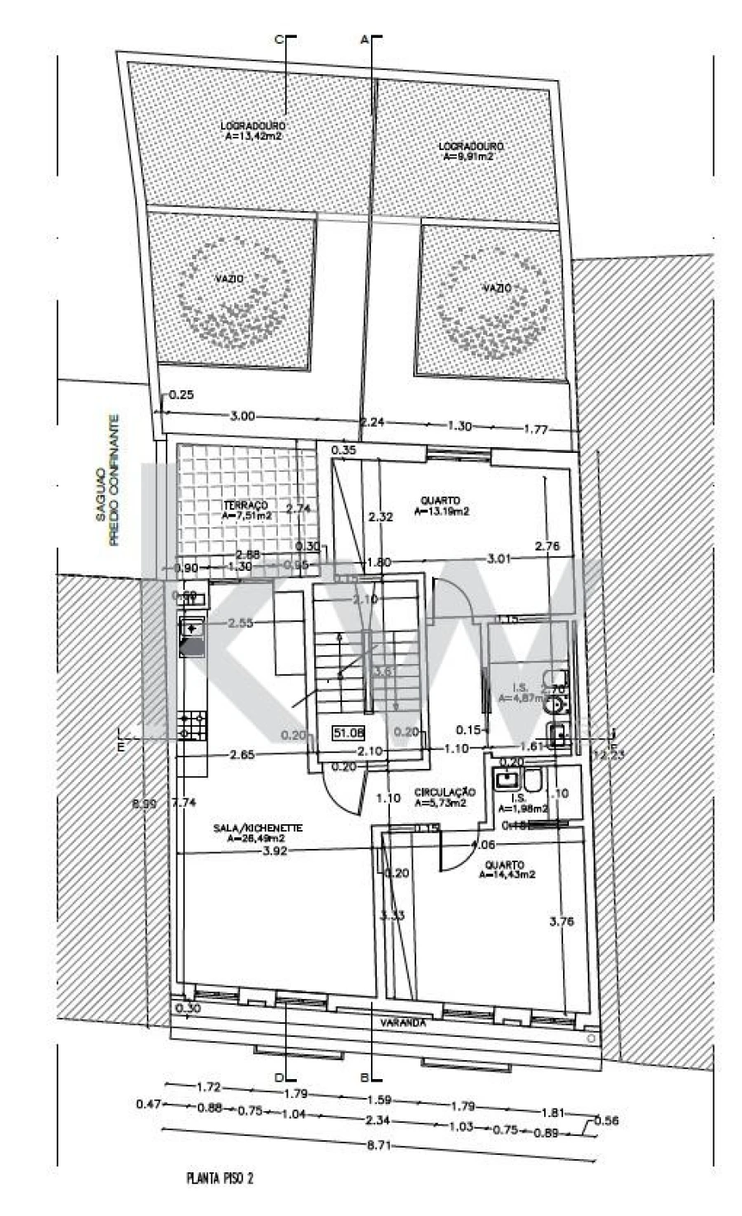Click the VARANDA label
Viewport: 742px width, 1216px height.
[x=403, y=1022]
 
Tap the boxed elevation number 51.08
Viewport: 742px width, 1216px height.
[x=348, y=732]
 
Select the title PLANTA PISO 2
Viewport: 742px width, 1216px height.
[x=219, y=1178]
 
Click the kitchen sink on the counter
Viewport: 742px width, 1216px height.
[x=192, y=629]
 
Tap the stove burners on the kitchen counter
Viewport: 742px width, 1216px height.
[x=193, y=725]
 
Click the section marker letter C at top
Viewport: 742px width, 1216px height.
[x=278, y=40]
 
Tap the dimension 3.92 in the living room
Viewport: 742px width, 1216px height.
[x=274, y=852]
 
